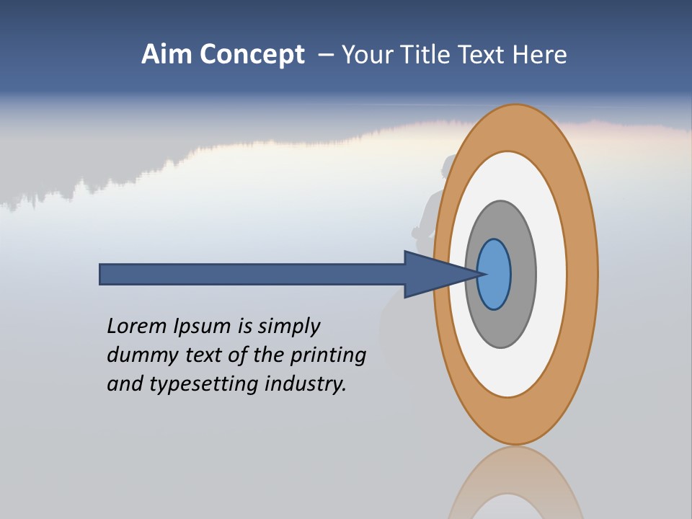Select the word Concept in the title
pyautogui.click(x=252, y=55)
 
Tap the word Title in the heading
pyautogui.click(x=426, y=55)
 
